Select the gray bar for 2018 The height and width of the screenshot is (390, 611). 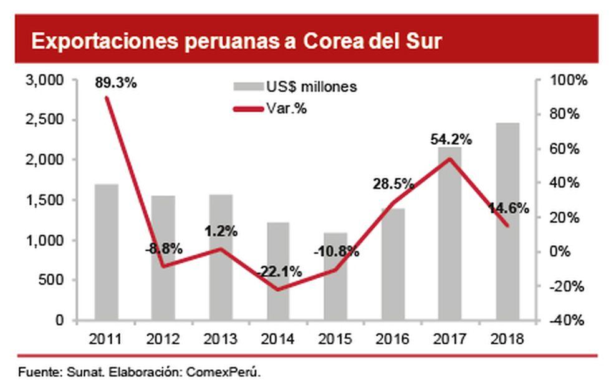[x=509, y=222]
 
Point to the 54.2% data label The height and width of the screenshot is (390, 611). [x=451, y=139]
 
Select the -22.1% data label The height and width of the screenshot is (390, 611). [x=279, y=272]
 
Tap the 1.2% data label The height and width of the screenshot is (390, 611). [x=221, y=231]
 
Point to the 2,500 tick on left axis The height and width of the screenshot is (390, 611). [x=46, y=120]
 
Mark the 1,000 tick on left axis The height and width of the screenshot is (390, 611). [x=46, y=240]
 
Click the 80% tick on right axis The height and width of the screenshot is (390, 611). [x=566, y=114]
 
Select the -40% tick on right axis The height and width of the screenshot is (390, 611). [x=566, y=320]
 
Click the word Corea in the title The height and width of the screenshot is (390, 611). [x=330, y=41]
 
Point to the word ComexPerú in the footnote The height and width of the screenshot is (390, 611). [x=226, y=373]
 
